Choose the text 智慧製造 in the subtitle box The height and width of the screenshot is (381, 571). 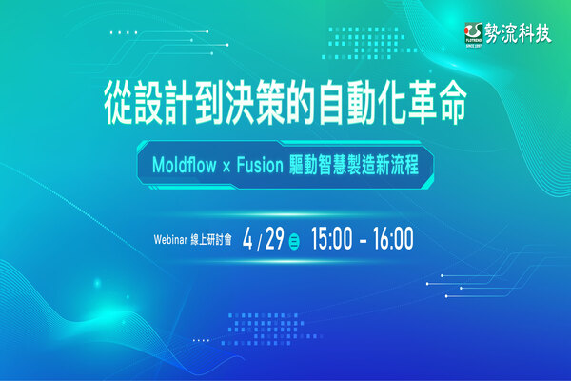click(x=342, y=165)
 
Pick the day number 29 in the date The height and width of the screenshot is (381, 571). click(x=274, y=236)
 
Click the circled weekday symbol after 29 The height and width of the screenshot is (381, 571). click(x=295, y=238)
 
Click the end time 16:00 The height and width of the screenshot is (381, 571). click(x=390, y=237)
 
